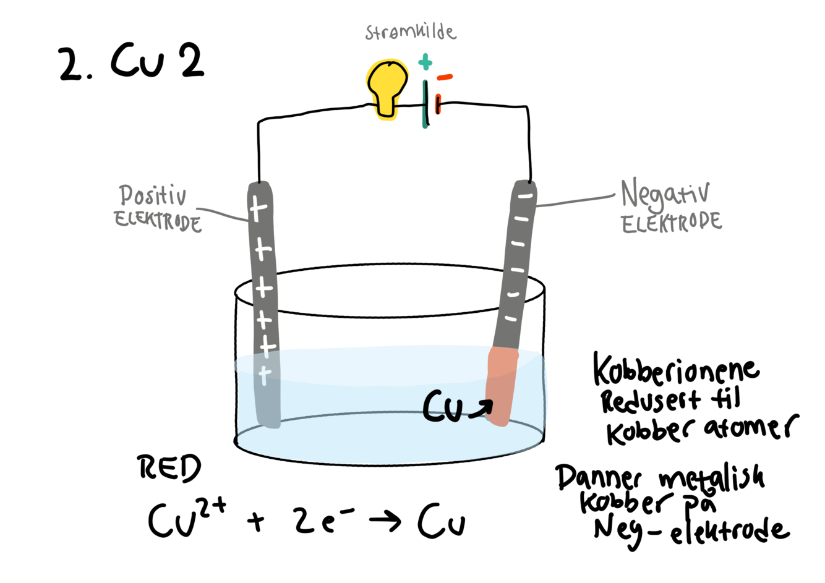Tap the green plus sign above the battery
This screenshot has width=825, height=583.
click(x=425, y=62)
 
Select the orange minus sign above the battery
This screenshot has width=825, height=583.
click(x=445, y=77)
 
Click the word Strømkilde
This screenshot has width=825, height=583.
click(x=410, y=32)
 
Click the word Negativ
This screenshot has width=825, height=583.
click(x=665, y=194)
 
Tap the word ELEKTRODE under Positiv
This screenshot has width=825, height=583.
click(x=158, y=221)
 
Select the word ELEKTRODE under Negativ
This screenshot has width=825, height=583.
click(x=672, y=223)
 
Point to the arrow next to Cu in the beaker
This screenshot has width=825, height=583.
click(x=481, y=409)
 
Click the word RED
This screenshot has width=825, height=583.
click(x=169, y=468)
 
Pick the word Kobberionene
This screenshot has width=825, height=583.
click(x=675, y=370)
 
